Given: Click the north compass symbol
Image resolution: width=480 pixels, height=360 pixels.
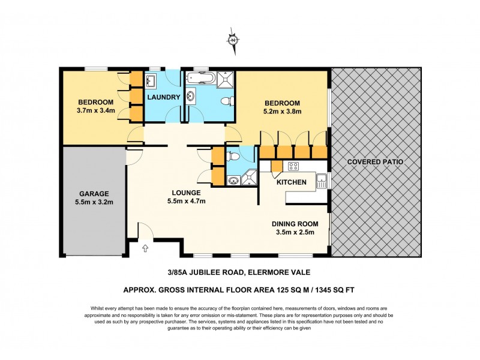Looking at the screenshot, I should (233, 40).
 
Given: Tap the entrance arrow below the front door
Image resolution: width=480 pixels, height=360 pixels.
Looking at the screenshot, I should (145, 247).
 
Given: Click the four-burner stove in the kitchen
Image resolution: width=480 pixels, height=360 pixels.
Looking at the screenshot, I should (295, 167).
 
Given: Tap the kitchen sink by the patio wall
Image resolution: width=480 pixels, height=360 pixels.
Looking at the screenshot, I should (322, 178).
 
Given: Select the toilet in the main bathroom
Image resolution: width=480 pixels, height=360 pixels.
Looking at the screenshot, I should (226, 100).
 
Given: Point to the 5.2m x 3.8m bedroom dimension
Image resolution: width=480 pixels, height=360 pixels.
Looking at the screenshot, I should (281, 110).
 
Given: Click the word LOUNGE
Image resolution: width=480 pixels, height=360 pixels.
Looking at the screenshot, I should (185, 193).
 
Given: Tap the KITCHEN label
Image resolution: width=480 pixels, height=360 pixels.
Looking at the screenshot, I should (292, 182).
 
